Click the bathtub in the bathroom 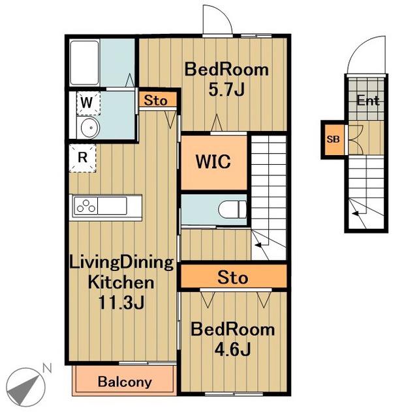click(84, 63)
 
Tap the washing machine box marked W click(89, 103)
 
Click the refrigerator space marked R click(83, 158)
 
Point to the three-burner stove click(85, 206)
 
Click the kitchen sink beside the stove click(112, 206)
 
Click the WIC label click(213, 162)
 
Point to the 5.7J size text click(226, 89)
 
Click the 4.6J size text click(232, 349)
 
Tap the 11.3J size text click(121, 302)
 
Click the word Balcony click(125, 382)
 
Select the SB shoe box click(333, 139)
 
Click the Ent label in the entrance click(368, 100)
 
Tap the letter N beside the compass click(47, 368)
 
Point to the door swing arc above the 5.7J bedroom click(223, 13)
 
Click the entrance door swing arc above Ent click(362, 45)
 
